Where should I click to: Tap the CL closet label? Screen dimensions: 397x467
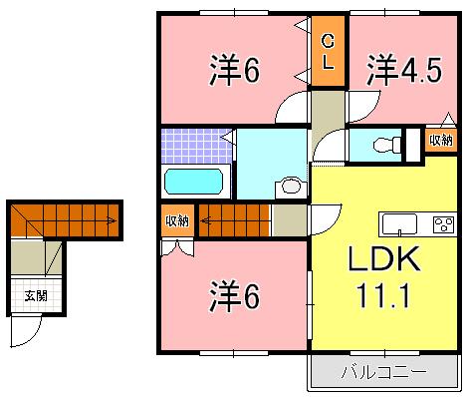coord(326,50)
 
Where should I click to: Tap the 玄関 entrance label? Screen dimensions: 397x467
coord(36,296)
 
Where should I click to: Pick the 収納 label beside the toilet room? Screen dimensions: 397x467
coord(440,141)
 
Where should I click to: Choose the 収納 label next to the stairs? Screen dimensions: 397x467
coord(176,219)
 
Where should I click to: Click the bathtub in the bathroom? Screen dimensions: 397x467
coord(196,183)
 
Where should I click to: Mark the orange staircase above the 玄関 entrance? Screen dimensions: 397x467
coord(66,218)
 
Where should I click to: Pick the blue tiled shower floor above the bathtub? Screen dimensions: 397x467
coord(196,146)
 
